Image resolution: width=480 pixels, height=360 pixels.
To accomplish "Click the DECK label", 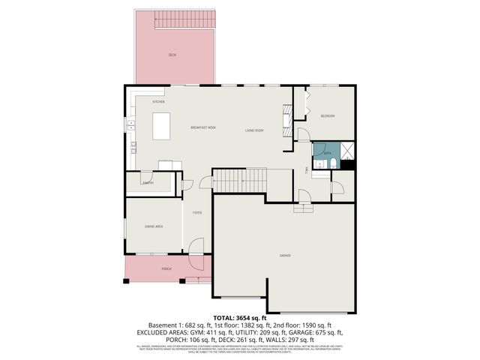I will pyautogui.click(x=172, y=55).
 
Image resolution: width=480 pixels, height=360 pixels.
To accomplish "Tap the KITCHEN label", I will pyautogui.click(x=158, y=101).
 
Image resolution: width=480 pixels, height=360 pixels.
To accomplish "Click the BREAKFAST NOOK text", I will pyautogui.click(x=203, y=127).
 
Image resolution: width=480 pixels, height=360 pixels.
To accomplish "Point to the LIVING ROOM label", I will pyautogui.click(x=254, y=130).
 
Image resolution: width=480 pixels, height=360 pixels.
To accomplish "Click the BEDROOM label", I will pyautogui.click(x=328, y=115).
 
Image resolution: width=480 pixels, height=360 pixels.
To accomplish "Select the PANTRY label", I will pyautogui.click(x=148, y=182).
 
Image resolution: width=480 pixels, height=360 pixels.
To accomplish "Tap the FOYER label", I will pyautogui.click(x=196, y=213).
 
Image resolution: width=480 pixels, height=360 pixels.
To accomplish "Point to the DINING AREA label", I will pyautogui.click(x=154, y=226).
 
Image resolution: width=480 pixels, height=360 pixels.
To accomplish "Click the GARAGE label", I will pyautogui.click(x=285, y=256).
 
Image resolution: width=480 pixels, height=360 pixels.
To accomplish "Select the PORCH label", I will pyautogui.click(x=166, y=268).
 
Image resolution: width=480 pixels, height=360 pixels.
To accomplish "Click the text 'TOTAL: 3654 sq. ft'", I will pyautogui.click(x=240, y=318).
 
